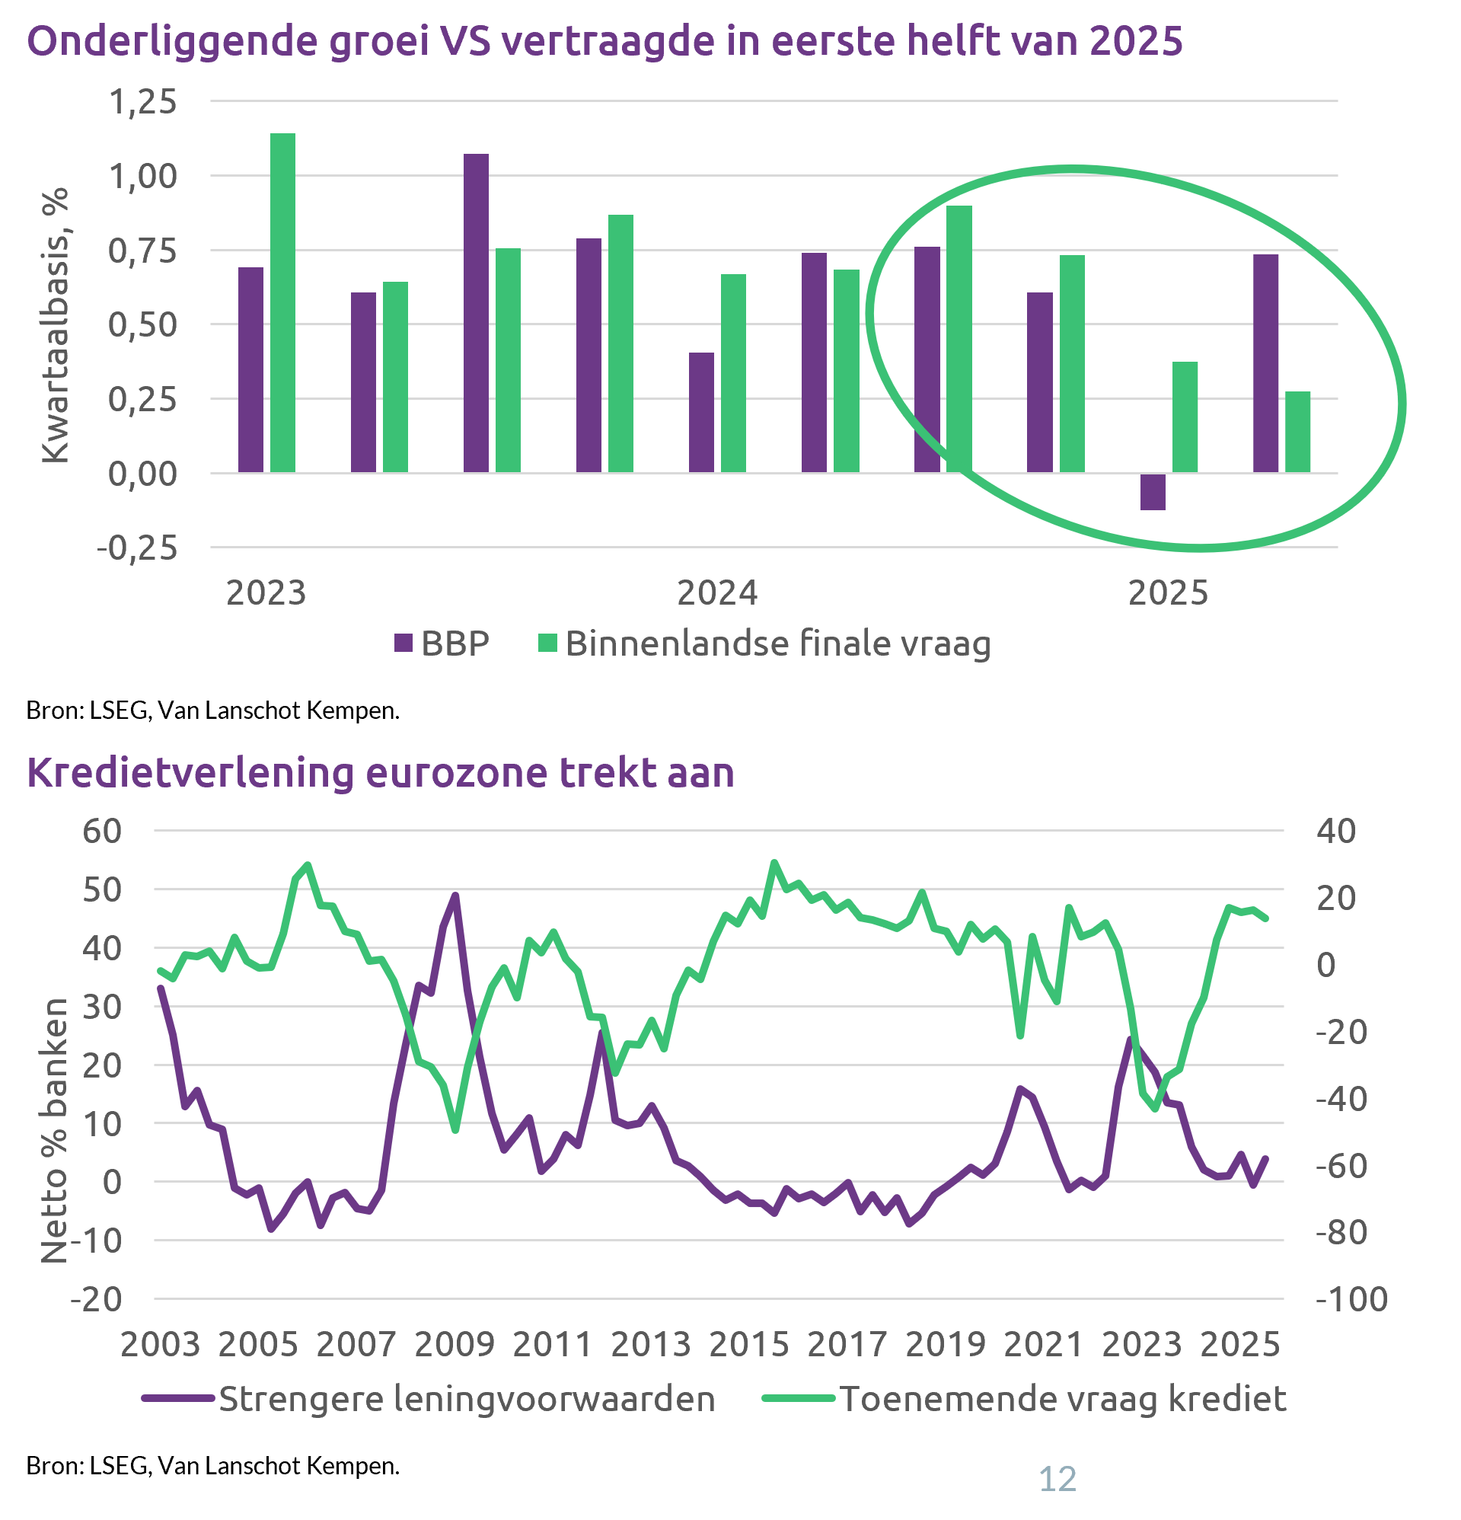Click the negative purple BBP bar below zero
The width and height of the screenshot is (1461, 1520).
1153,492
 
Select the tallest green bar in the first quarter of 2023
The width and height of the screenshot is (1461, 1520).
282,302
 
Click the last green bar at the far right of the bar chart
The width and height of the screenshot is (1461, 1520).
1297,432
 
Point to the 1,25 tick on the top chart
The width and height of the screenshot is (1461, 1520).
142,101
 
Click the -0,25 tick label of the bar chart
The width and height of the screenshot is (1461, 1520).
137,549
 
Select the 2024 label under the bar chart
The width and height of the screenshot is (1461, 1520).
717,593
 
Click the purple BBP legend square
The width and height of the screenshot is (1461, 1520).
404,643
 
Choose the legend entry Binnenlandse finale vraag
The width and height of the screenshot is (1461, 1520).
778,643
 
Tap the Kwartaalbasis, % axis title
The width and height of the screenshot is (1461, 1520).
56,326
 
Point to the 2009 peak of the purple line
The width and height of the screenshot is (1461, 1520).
455,895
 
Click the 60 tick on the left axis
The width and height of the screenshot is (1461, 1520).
102,832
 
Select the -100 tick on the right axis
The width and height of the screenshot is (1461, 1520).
1351,1299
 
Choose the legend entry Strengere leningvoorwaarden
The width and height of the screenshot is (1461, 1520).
467,1399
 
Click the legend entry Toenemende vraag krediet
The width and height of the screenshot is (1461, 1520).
1063,1399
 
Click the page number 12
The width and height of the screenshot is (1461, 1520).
1057,1480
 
